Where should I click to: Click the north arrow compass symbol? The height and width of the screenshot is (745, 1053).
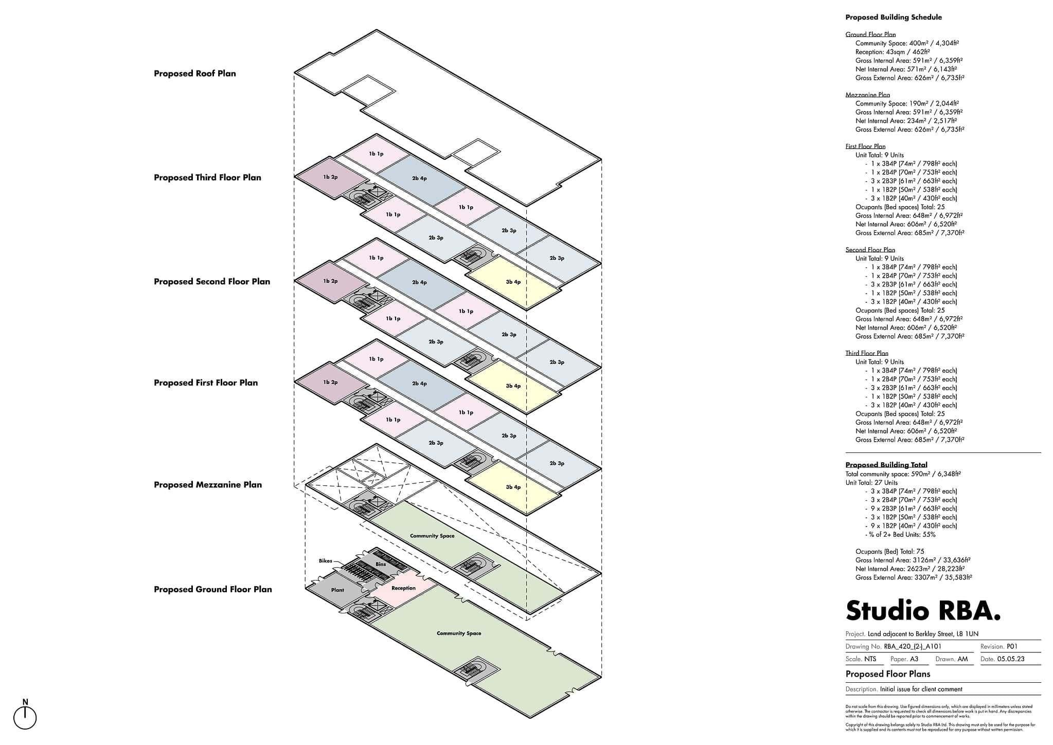tap(25, 717)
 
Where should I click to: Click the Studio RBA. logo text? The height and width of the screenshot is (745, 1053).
tap(923, 611)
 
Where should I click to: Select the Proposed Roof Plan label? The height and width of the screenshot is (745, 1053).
tap(194, 74)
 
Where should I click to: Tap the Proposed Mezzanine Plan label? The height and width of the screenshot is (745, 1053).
tap(207, 485)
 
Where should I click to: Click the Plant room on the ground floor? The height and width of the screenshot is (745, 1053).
tap(337, 590)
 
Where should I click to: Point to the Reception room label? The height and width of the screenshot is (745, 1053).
tap(403, 588)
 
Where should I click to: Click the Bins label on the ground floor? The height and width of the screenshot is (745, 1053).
tap(380, 565)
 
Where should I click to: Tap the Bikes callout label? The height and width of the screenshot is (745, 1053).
tap(325, 561)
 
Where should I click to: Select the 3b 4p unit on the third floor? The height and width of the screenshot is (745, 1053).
tap(513, 282)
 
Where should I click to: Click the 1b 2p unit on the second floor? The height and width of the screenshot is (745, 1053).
tap(330, 281)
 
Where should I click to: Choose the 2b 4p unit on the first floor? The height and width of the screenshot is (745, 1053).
tap(419, 384)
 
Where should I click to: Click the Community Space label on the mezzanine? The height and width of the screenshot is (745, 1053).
tap(432, 536)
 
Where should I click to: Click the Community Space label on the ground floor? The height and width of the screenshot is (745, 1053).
tap(459, 633)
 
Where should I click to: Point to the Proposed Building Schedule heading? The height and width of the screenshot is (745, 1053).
tap(894, 17)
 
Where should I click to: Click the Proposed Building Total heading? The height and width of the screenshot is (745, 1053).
tap(886, 465)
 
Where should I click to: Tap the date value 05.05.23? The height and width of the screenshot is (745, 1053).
tap(1010, 659)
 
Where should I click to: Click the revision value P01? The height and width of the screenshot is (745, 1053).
tap(1012, 647)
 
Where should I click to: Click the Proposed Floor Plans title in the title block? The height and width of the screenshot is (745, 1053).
tap(887, 674)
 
